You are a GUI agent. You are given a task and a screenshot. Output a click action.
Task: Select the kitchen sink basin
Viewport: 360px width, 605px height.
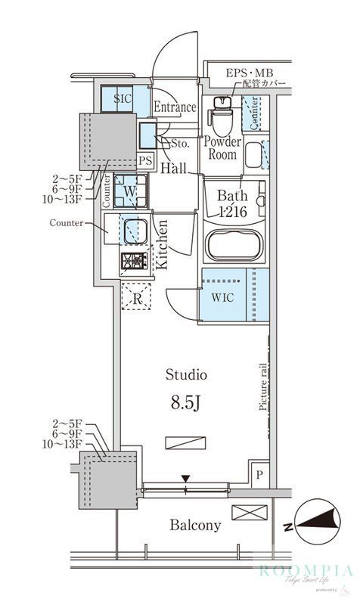click(135, 229)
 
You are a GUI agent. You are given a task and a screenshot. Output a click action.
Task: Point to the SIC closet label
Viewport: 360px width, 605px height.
click(123, 99)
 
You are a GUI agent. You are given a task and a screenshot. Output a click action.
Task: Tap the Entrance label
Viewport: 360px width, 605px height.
click(175, 107)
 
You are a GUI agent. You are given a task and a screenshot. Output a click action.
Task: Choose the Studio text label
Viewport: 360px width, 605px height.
click(187, 374)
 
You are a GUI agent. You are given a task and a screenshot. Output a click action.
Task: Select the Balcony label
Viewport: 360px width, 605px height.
click(195, 525)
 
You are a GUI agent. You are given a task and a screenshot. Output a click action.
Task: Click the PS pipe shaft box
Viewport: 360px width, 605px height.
click(145, 160)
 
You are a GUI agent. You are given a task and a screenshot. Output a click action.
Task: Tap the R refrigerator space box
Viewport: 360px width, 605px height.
click(137, 297)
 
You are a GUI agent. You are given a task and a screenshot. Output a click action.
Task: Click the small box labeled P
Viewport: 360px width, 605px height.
click(259, 473)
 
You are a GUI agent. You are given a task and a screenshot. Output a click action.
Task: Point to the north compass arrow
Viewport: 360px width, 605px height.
click(318, 521)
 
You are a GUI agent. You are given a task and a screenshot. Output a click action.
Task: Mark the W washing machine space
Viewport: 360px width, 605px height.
click(129, 192)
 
